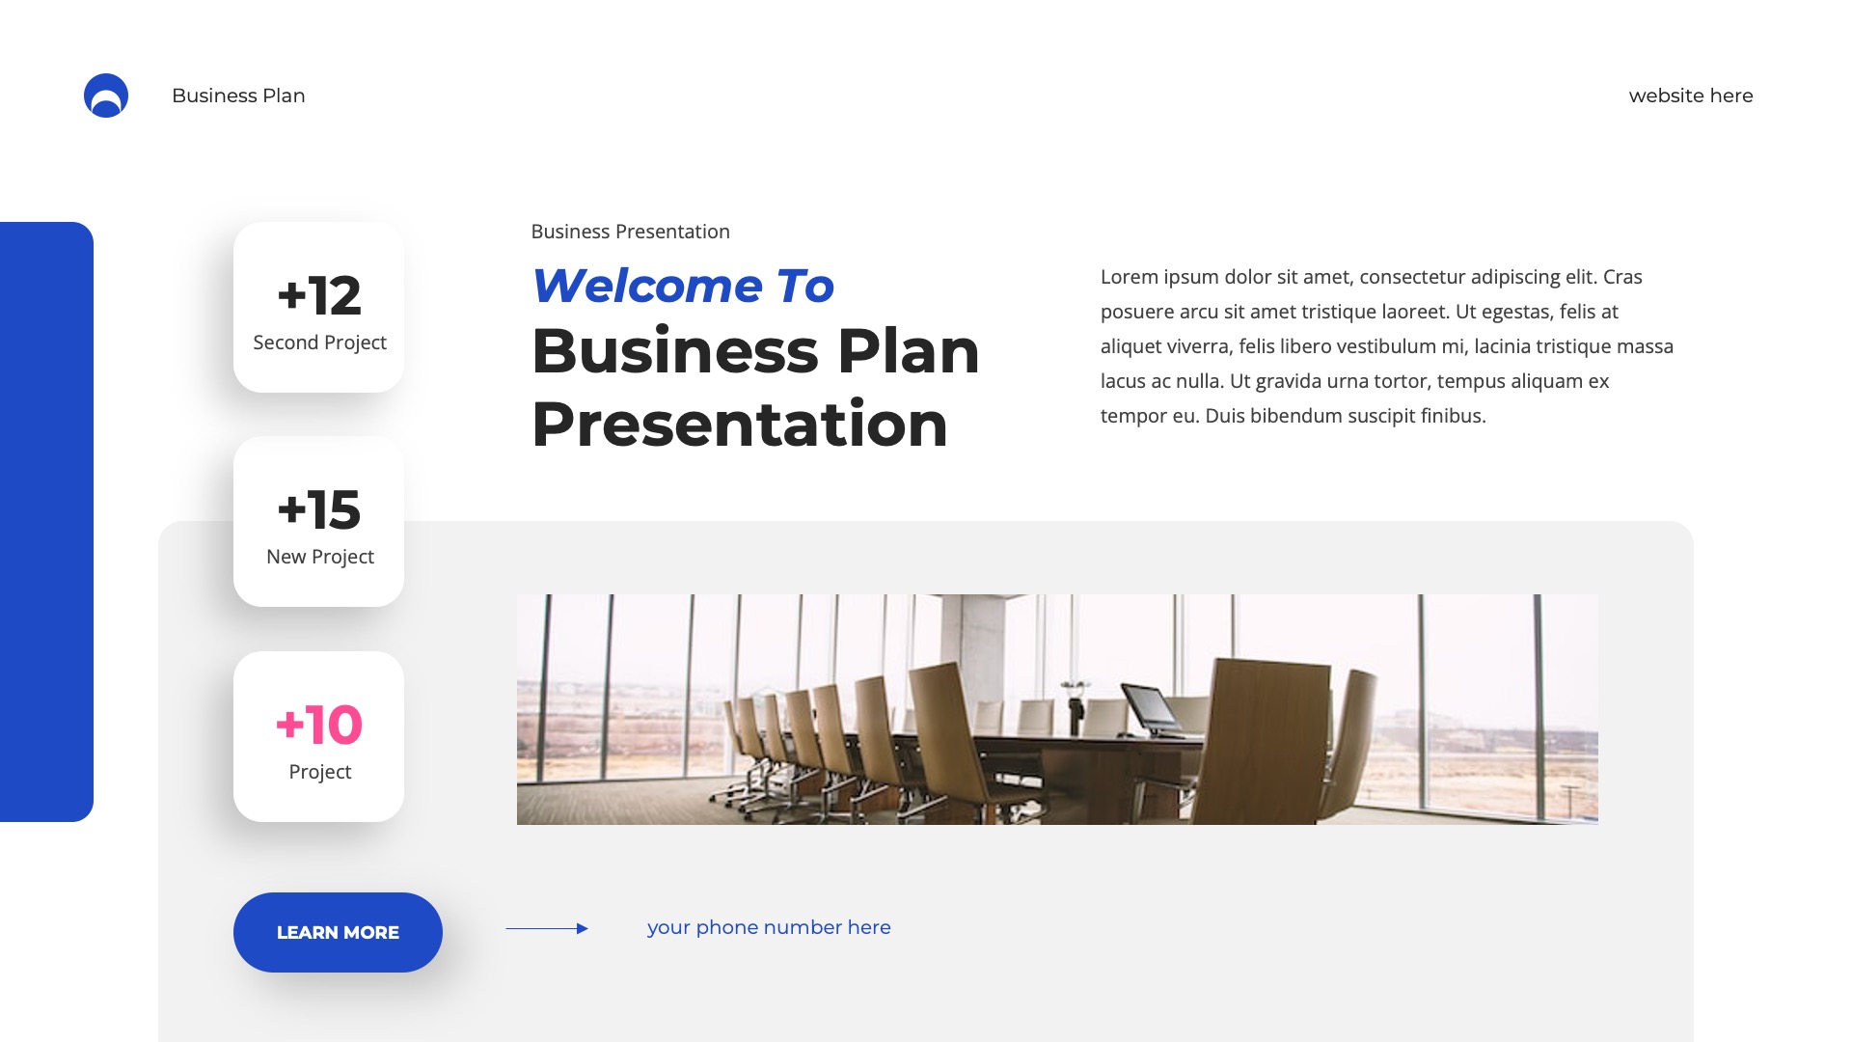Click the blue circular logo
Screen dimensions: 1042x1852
point(106,96)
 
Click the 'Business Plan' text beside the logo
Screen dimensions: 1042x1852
point(238,96)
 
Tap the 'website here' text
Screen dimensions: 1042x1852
point(1690,96)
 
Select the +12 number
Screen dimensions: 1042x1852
point(319,295)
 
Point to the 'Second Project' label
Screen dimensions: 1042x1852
point(319,343)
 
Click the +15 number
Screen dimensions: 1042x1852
point(319,509)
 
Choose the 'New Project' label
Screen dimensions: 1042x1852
point(319,557)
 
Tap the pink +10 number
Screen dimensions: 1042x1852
point(319,725)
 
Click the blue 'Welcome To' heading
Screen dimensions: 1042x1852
point(683,286)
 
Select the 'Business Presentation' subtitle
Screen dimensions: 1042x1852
point(630,232)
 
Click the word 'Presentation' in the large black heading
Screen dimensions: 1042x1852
point(740,425)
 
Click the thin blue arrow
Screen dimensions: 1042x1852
point(547,928)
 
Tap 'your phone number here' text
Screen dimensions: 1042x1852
point(769,927)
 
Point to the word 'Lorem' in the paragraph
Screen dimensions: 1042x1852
point(1130,277)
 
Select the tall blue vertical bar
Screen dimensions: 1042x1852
point(46,521)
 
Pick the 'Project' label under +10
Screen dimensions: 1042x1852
point(319,772)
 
